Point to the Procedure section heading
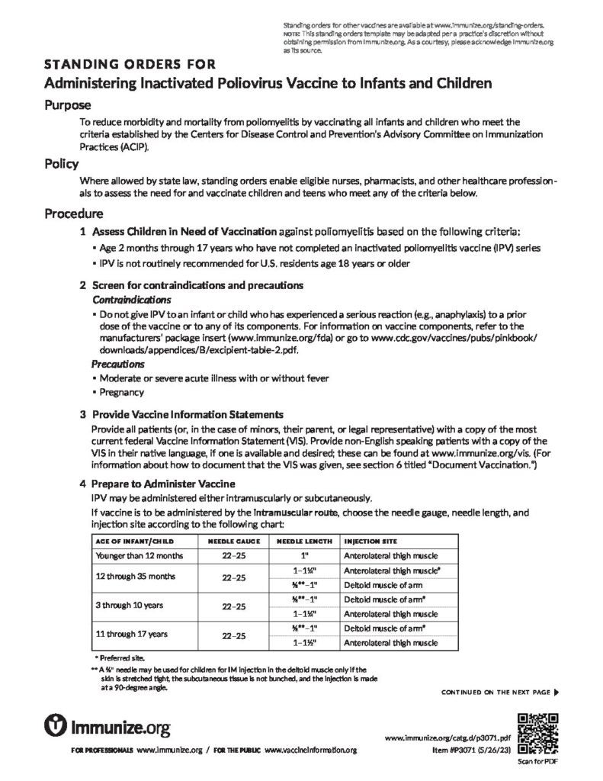tap(73, 213)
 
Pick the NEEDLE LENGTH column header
tap(303, 541)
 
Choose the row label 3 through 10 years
tap(127, 606)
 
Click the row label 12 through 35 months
tap(134, 577)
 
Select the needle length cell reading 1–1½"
tap(303, 642)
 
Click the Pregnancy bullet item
tap(121, 392)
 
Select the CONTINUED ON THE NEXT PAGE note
tap(499, 693)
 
